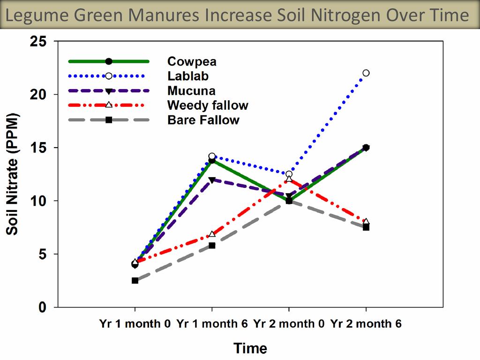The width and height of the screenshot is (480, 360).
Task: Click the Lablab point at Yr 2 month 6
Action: (366, 73)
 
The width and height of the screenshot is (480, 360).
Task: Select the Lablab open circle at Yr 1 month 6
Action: (212, 156)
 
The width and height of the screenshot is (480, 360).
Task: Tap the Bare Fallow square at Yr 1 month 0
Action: (135, 280)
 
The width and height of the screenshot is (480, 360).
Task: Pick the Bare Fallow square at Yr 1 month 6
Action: (212, 245)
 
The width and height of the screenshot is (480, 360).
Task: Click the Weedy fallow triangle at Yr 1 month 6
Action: (212, 234)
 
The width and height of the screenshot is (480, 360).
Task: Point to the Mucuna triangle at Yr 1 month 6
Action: (212, 180)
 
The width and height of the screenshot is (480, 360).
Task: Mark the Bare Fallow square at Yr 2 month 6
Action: (366, 227)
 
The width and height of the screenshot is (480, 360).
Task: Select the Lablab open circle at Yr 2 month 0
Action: (289, 174)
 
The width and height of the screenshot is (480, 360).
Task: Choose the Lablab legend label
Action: (188, 76)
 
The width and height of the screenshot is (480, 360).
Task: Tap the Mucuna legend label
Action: (191, 90)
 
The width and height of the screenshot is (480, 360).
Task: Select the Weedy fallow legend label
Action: (208, 105)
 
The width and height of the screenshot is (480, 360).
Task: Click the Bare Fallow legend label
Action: (203, 120)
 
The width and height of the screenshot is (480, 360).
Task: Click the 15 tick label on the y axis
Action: (38, 148)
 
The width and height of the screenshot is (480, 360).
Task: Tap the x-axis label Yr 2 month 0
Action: (289, 324)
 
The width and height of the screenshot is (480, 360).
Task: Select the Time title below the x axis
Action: (250, 348)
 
